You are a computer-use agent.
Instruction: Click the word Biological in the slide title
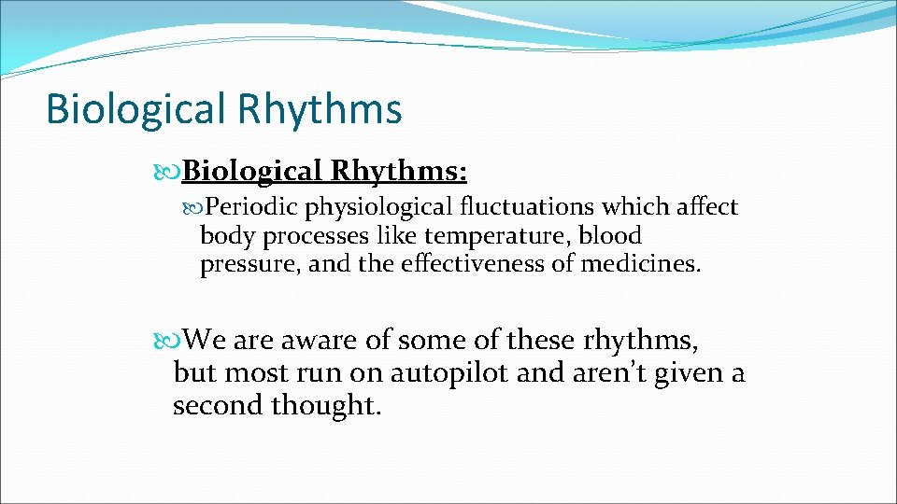(135, 108)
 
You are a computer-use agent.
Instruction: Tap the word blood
(610, 235)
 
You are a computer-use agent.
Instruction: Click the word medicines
(640, 264)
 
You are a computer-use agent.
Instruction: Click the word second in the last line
(219, 406)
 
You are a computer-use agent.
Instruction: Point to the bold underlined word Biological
(252, 171)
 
